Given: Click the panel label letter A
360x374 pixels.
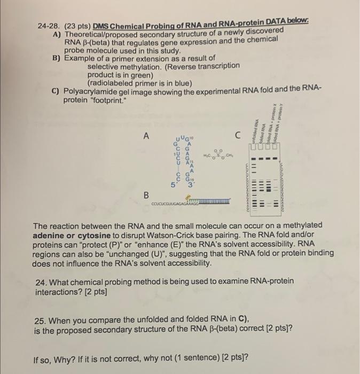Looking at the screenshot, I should click(145, 136).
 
